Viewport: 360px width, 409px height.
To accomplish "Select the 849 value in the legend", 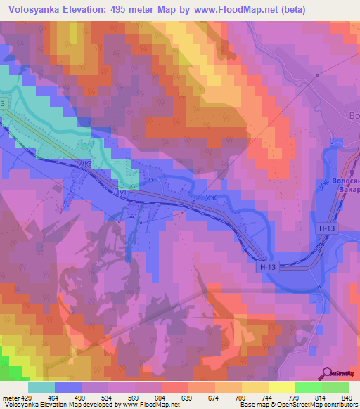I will (347, 379).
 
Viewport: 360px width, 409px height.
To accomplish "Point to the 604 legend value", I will (160, 379).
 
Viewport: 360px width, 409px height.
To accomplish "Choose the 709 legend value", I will (240, 379).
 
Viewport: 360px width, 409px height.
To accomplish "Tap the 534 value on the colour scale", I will (107, 379).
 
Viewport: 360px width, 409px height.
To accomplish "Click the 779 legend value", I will (293, 379).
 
